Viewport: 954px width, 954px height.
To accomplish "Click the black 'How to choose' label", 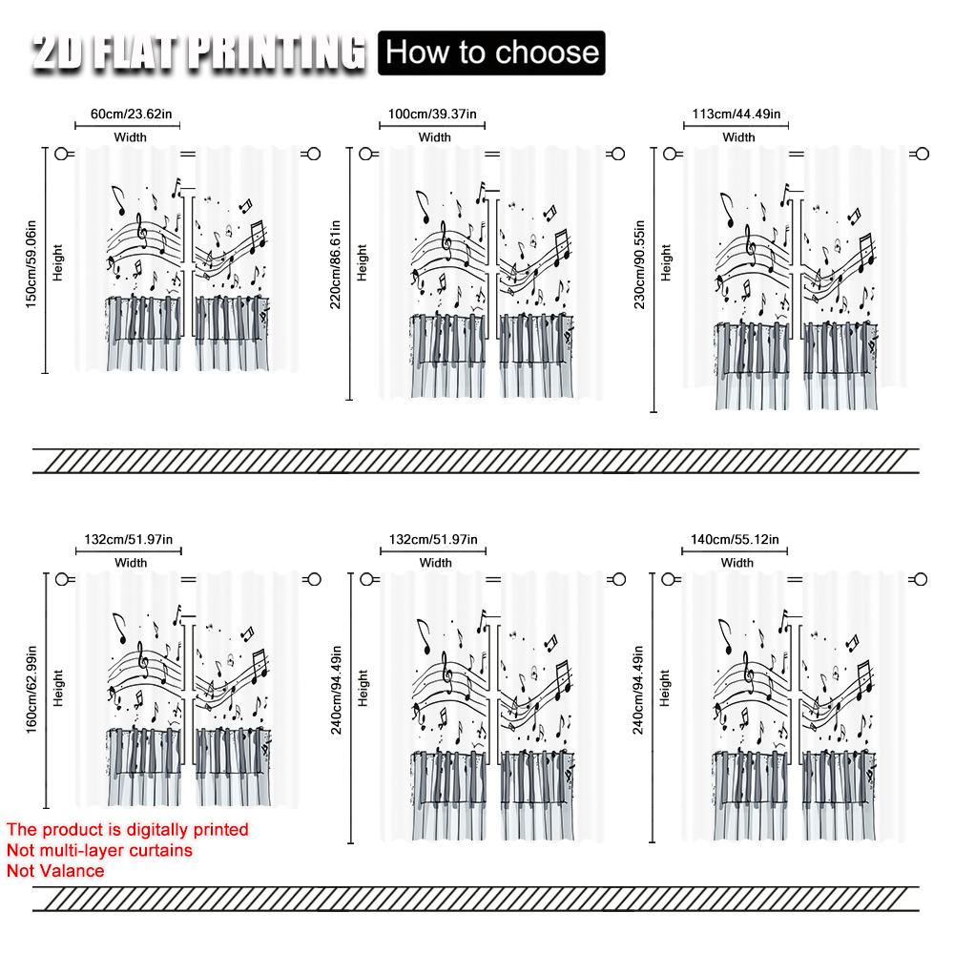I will click(492, 52).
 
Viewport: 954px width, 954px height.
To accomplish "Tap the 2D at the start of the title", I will click(62, 53).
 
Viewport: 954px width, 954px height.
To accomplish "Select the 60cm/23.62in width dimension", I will click(131, 114).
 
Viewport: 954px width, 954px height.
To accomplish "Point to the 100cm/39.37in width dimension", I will click(435, 114).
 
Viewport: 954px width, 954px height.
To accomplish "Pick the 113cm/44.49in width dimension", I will click(736, 114).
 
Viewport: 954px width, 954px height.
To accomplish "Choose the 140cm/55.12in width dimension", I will click(736, 540).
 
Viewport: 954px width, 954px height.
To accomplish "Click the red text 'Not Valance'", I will click(55, 870).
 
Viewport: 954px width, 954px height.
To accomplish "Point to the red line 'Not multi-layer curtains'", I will click(99, 850).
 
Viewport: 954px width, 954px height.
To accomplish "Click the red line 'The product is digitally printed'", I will click(127, 830).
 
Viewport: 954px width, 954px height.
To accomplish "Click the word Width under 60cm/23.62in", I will click(131, 137).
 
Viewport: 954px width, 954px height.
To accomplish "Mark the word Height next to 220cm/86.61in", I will click(362, 261).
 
